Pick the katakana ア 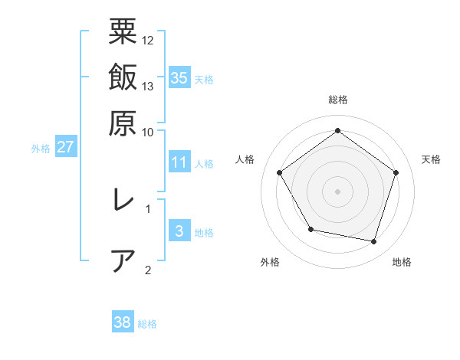(123, 260)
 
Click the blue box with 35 (179, 77)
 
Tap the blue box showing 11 (179, 162)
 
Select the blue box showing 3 (179, 231)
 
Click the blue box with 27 (66, 147)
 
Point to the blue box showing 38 (123, 322)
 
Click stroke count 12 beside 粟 (148, 40)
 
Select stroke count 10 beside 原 (148, 131)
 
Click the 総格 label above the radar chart (337, 100)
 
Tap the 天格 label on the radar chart (431, 159)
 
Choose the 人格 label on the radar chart (245, 159)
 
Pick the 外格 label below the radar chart (270, 262)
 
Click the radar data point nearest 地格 (374, 241)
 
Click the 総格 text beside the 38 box (147, 324)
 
